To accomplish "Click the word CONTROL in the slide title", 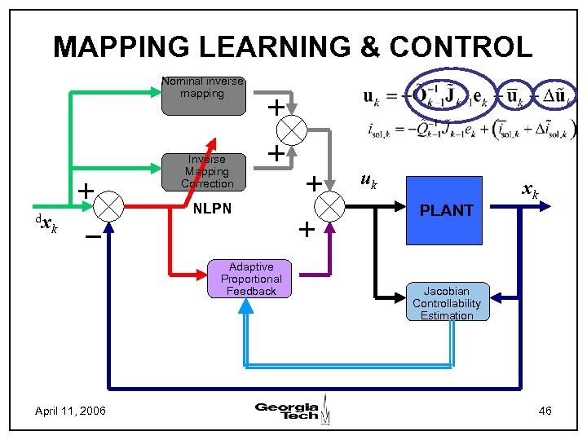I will [461, 46].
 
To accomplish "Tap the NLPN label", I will [212, 209].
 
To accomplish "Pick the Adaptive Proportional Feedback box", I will [251, 279].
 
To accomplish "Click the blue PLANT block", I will [446, 210].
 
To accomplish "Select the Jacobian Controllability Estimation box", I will [447, 303].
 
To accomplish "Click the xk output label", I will [530, 191].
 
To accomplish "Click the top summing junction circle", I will [293, 130].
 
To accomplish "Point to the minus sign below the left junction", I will [93, 238].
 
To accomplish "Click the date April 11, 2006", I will [70, 411].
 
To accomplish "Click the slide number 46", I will [545, 411].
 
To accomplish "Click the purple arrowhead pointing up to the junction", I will [331, 228].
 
